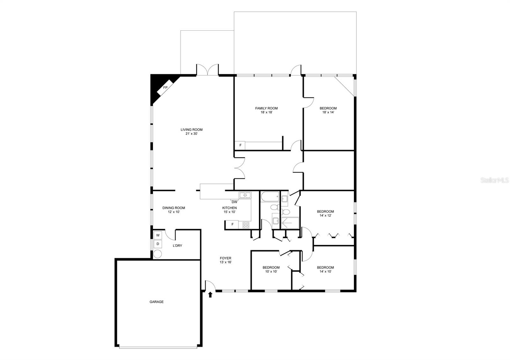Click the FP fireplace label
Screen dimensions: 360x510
(x=165, y=88)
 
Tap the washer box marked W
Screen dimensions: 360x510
(x=158, y=235)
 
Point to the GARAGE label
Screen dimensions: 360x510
(x=157, y=302)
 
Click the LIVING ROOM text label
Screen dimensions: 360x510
(x=192, y=130)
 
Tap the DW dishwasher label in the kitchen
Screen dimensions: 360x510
(x=234, y=202)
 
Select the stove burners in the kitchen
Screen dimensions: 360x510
(x=246, y=225)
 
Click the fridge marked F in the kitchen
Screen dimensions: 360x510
(x=233, y=225)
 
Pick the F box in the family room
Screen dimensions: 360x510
(x=240, y=146)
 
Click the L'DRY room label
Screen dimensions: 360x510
(x=178, y=246)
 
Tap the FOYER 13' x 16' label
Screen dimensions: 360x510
(x=225, y=260)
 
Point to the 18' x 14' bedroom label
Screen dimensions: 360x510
(x=328, y=110)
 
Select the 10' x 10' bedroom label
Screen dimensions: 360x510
(x=271, y=270)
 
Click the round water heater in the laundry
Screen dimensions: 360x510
(x=157, y=254)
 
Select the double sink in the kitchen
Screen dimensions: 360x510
(x=245, y=195)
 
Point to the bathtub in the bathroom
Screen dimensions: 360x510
(x=270, y=197)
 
